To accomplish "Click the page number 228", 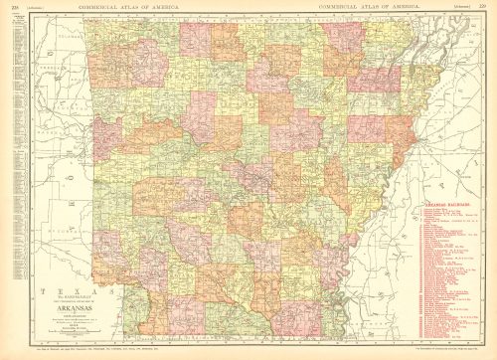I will tap(10, 8).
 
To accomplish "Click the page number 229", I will tap(487, 8).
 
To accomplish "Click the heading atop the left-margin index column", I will tap(16, 19).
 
